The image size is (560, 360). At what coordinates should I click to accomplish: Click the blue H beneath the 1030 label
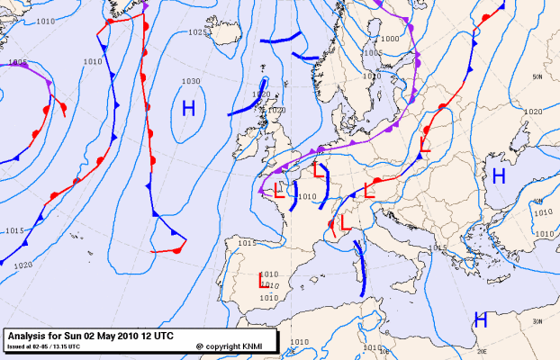[189, 109]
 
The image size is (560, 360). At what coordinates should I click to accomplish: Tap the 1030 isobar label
[190, 82]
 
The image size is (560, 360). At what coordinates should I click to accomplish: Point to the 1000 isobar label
[389, 39]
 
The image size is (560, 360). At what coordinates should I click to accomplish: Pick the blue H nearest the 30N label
[481, 319]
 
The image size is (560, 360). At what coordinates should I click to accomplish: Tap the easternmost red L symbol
[424, 142]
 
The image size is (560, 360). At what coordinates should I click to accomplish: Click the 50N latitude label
[537, 78]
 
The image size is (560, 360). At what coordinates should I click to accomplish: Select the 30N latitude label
[537, 321]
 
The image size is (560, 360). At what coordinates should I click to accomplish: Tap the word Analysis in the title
[29, 335]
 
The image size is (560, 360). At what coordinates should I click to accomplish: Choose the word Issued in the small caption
[17, 346]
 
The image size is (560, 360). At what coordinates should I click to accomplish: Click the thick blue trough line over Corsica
[361, 266]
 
